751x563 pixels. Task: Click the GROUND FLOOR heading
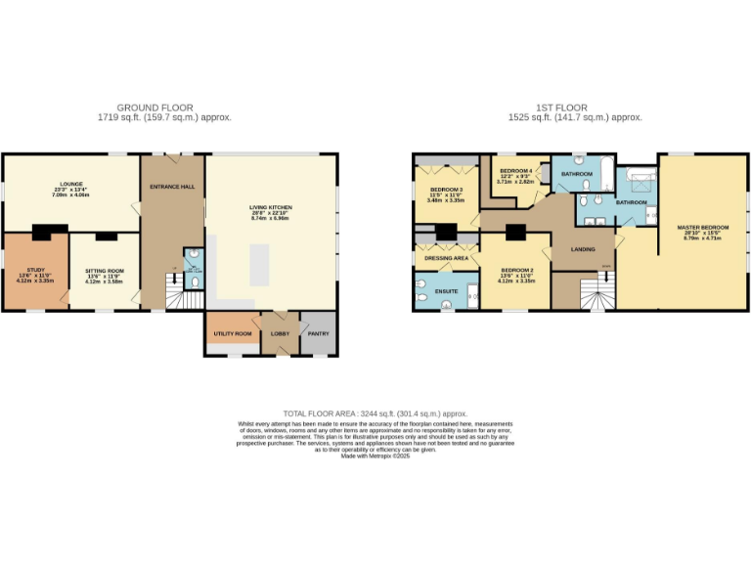pyautogui.click(x=155, y=108)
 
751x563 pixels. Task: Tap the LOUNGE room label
pyautogui.click(x=69, y=184)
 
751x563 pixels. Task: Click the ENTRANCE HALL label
pyautogui.click(x=171, y=186)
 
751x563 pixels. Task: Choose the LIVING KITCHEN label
pyautogui.click(x=270, y=207)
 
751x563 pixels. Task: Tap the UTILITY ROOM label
pyautogui.click(x=233, y=334)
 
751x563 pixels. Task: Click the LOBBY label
pyautogui.click(x=281, y=334)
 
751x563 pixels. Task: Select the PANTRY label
pyautogui.click(x=319, y=334)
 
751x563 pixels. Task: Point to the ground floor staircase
pyautogui.click(x=173, y=294)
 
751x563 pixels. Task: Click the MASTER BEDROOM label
pyautogui.click(x=702, y=227)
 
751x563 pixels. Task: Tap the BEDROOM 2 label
pyautogui.click(x=516, y=270)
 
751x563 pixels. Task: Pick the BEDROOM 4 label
pyautogui.click(x=514, y=170)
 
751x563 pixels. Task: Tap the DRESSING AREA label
pyautogui.click(x=446, y=258)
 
